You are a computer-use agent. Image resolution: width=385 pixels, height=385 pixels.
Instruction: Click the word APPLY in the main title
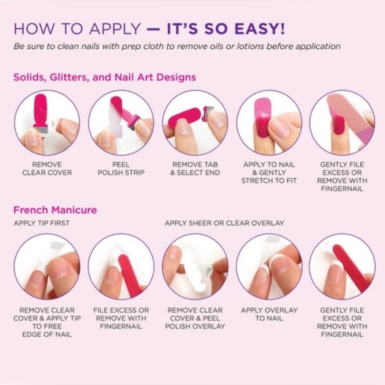pos(115,29)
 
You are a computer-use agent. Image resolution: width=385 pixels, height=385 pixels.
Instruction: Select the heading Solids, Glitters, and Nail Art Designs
pos(105,77)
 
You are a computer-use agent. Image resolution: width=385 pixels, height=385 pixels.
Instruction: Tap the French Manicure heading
pos(55,210)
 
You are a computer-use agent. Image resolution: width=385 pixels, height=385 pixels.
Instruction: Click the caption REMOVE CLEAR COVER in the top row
pos(47,169)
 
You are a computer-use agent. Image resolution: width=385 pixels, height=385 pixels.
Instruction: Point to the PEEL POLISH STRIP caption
pos(121,169)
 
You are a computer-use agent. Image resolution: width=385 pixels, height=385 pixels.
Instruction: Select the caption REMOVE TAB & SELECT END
pos(195,169)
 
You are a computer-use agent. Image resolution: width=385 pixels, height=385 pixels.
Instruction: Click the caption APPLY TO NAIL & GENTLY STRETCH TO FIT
pos(269,173)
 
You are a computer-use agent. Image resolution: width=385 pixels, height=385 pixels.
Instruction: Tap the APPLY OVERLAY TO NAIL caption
pos(269,314)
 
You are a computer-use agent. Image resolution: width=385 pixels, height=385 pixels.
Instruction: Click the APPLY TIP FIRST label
pos(42,223)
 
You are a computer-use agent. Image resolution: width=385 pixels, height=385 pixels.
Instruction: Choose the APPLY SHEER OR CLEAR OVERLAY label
pos(224,223)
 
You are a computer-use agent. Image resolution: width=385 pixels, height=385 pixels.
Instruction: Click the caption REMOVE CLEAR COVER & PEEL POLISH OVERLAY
pos(195,318)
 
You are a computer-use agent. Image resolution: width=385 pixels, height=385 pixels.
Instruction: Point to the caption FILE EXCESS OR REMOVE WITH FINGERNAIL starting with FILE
pos(121,318)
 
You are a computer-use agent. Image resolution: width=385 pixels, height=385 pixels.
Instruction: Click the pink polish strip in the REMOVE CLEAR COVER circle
pos(40,110)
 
